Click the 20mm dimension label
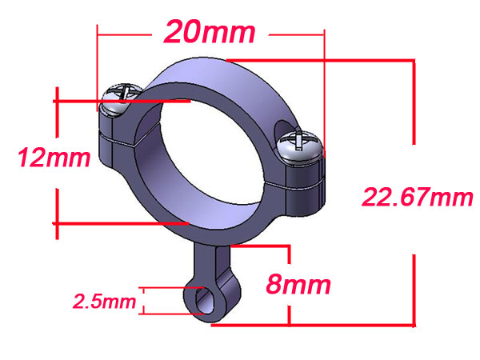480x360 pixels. click(x=210, y=33)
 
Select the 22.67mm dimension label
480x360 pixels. click(x=418, y=196)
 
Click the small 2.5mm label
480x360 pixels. click(x=104, y=302)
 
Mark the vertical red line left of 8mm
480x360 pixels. click(x=289, y=284)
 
